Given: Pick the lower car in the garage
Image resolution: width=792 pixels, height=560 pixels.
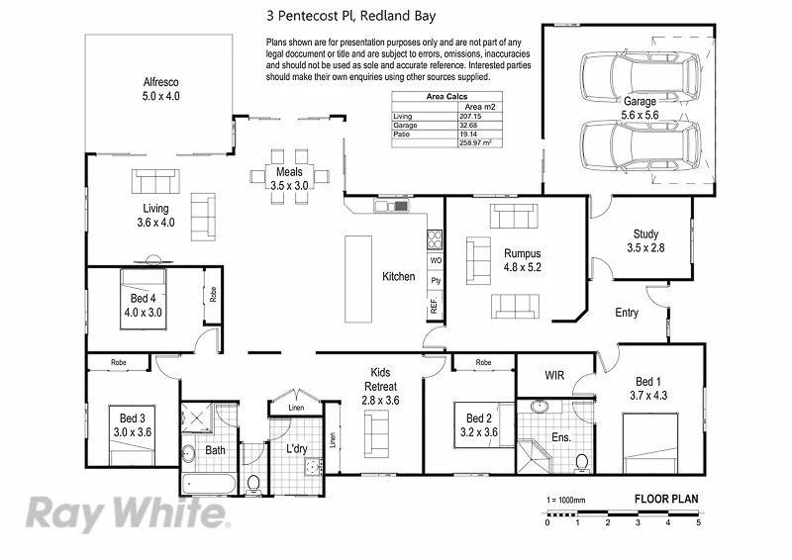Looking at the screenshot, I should pyautogui.click(x=640, y=145).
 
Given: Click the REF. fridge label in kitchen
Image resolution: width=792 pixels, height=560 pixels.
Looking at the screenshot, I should pyautogui.click(x=434, y=307).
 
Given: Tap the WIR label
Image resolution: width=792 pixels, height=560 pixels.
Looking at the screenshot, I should pyautogui.click(x=555, y=374).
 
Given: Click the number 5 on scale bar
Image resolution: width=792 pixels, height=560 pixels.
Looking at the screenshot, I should pyautogui.click(x=698, y=522).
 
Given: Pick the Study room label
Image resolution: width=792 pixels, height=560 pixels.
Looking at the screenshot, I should pyautogui.click(x=645, y=240).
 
